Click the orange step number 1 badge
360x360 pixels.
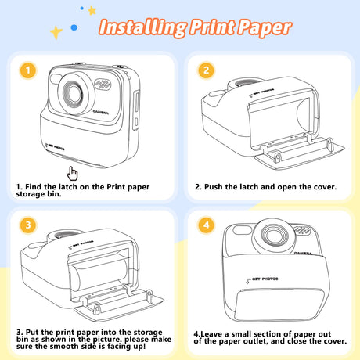[28, 70]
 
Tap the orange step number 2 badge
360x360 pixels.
[207, 70]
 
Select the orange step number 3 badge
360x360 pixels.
[28, 225]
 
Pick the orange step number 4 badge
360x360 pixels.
[207, 225]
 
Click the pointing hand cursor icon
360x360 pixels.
[72, 174]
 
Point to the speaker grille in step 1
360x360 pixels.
[103, 84]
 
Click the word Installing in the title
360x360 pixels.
[142, 27]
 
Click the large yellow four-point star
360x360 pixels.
[56, 33]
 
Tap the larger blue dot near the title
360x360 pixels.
[74, 27]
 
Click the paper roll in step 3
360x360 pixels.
[99, 273]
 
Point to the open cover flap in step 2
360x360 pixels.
[300, 155]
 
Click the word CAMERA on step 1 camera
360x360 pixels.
[101, 112]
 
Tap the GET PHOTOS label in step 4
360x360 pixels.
[265, 279]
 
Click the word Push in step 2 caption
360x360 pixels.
[214, 187]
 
